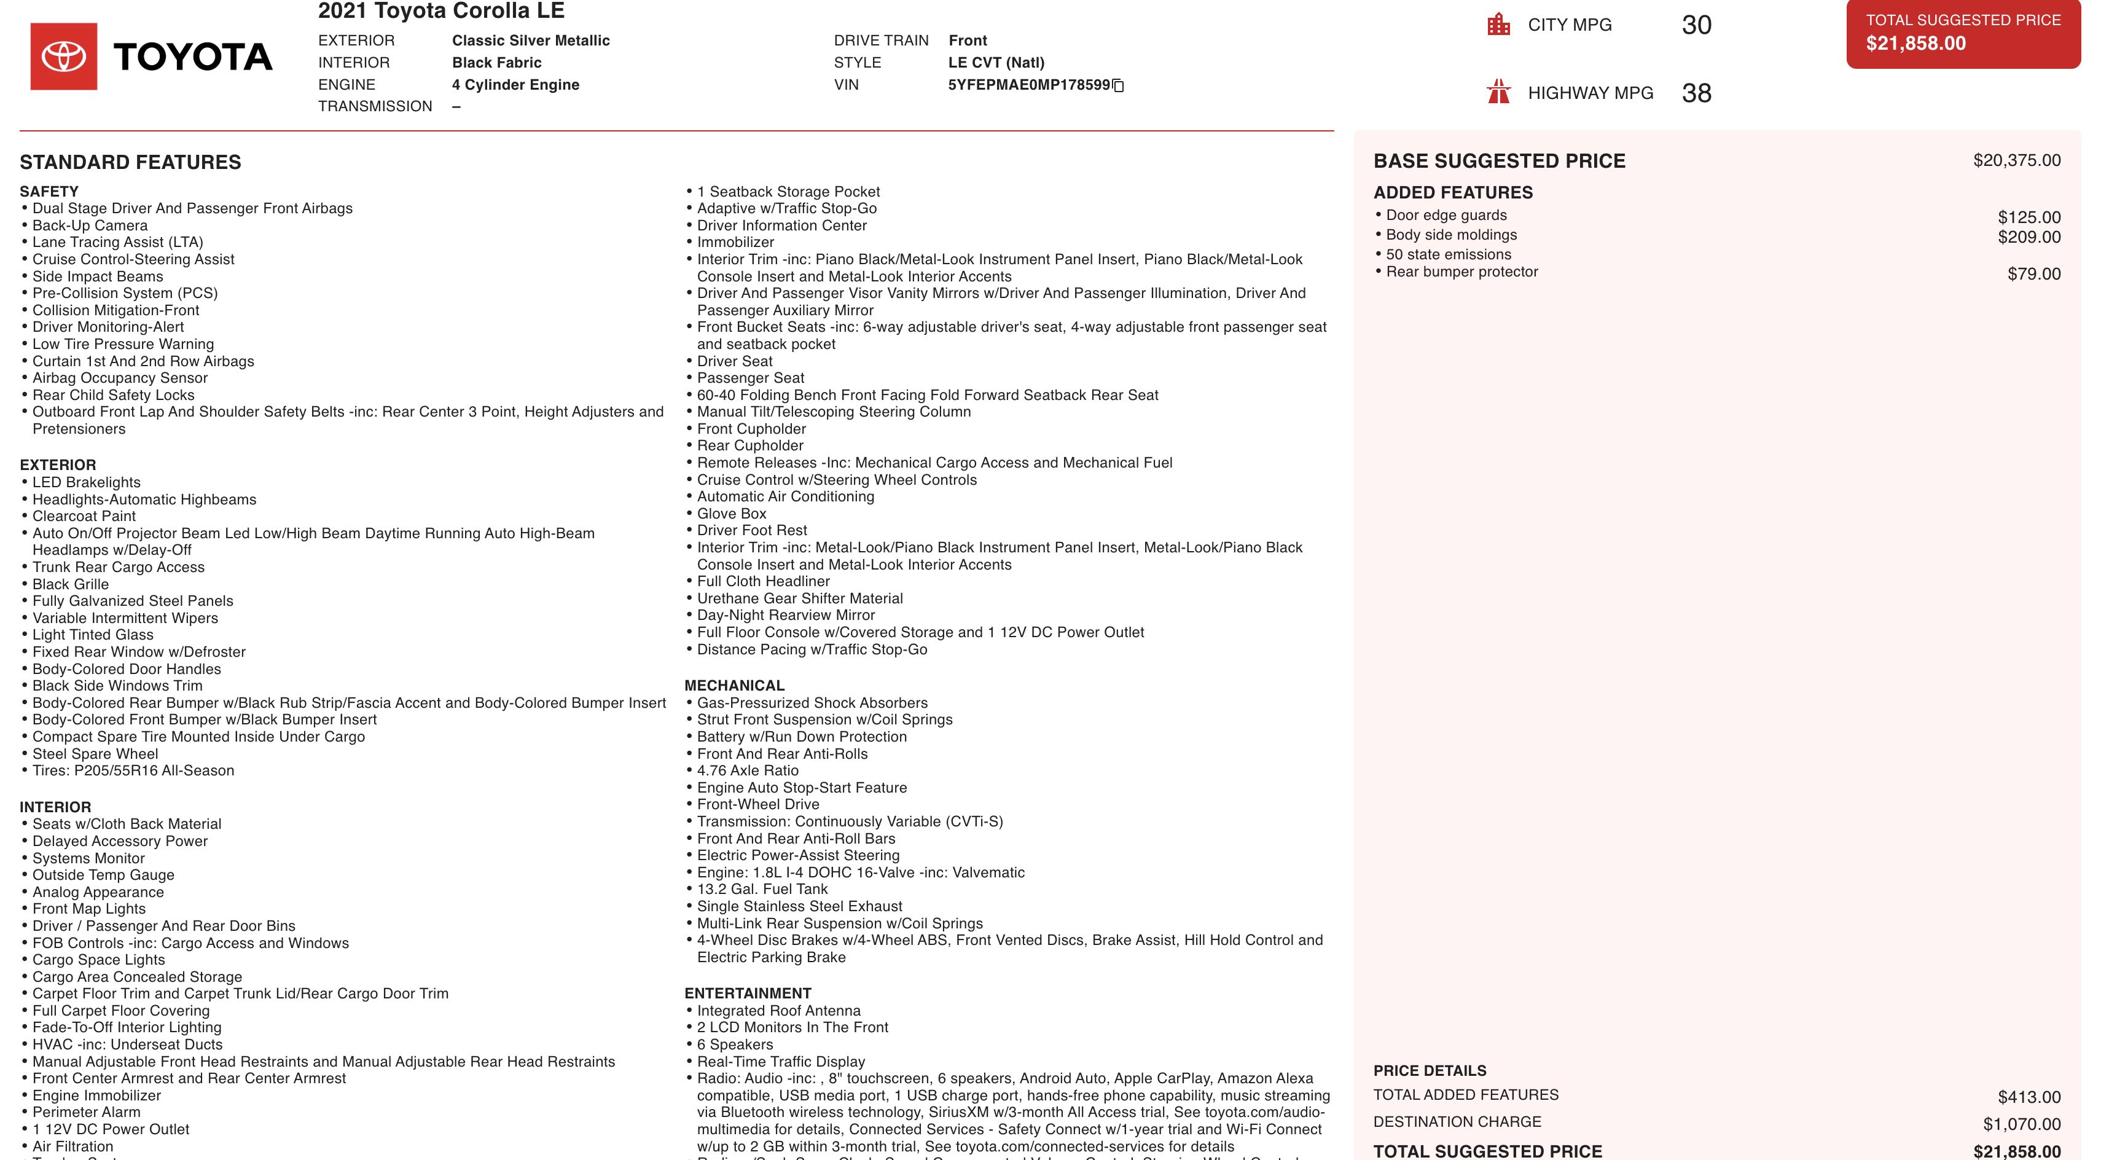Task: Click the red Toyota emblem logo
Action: coord(64,57)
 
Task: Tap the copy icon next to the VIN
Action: coord(1118,85)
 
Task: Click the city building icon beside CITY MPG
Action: coord(1498,25)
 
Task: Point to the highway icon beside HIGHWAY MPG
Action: coord(1498,92)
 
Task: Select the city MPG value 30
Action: coord(1696,25)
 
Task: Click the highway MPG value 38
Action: coord(1696,93)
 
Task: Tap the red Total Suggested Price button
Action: coord(1962,33)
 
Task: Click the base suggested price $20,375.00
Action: coord(2016,161)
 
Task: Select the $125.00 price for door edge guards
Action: coord(2029,217)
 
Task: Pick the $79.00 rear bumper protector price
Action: coord(2033,274)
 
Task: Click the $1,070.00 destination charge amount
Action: coord(2021,1124)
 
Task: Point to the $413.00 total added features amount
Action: coord(2029,1097)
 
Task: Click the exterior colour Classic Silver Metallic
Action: coord(530,41)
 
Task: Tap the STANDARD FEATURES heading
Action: coord(130,162)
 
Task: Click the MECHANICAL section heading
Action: coord(734,685)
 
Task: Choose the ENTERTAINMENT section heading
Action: coord(747,993)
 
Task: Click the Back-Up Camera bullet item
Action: coord(90,225)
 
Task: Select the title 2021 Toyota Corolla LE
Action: coord(440,12)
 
